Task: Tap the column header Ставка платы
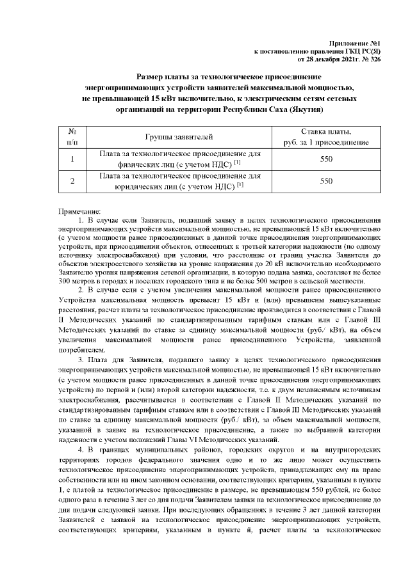click(x=327, y=132)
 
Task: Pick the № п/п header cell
click(x=72, y=136)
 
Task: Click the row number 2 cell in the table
click(x=72, y=181)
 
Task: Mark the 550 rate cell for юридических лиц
click(x=327, y=181)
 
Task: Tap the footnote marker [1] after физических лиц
click(x=237, y=163)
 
